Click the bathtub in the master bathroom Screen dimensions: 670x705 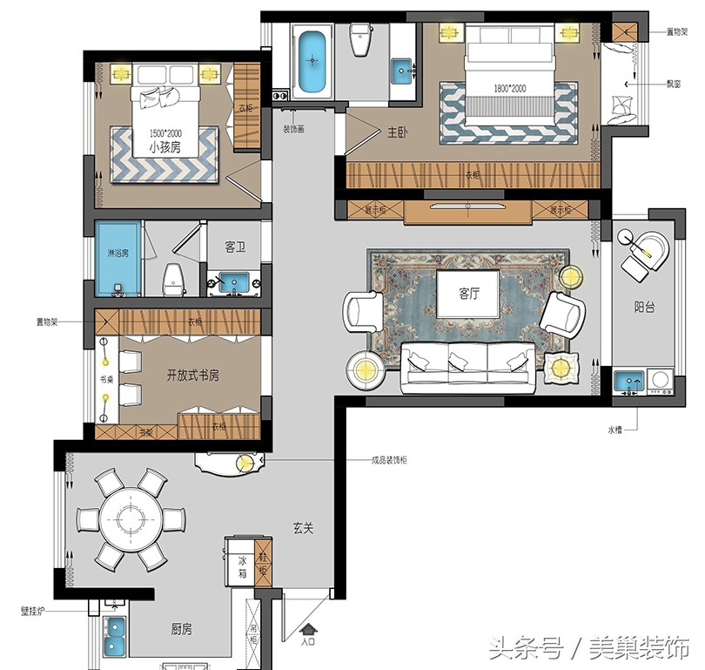pos(312,63)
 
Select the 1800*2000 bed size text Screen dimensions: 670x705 pos(510,89)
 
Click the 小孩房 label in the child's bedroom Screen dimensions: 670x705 pos(164,147)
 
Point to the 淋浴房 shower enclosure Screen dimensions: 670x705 pos(117,254)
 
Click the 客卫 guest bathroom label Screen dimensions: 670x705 pos(235,247)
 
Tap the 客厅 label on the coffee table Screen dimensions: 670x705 pos(469,294)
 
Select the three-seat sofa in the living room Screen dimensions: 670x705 pos(468,365)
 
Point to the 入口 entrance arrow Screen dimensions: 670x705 pos(307,634)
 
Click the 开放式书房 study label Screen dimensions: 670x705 pos(192,376)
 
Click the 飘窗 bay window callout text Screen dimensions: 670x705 pos(675,85)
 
